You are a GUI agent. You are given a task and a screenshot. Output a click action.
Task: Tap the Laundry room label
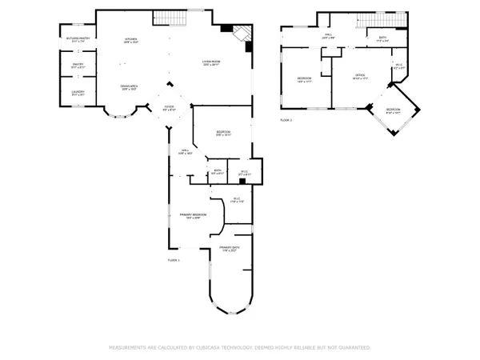[x=77, y=94]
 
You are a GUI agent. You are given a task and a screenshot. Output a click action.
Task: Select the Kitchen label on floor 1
[x=130, y=41]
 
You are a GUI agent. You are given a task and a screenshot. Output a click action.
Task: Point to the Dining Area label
[x=130, y=86]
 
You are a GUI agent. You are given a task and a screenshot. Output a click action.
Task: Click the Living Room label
[x=210, y=62]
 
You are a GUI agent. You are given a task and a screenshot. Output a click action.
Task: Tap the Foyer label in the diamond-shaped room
[x=170, y=108]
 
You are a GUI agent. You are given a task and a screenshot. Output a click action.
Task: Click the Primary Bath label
[x=230, y=249]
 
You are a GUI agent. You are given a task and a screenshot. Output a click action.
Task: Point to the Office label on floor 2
[x=361, y=77]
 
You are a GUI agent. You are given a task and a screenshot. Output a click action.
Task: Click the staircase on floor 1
[x=164, y=18]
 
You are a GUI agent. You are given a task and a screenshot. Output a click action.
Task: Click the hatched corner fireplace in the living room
[x=240, y=33]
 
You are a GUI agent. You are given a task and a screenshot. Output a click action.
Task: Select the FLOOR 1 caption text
[x=174, y=261]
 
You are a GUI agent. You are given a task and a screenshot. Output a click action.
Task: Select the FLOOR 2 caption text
[x=286, y=119]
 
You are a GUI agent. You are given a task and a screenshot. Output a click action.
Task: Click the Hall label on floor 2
[x=328, y=36]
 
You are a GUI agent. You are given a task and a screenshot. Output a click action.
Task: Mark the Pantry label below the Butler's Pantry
[x=77, y=66]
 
